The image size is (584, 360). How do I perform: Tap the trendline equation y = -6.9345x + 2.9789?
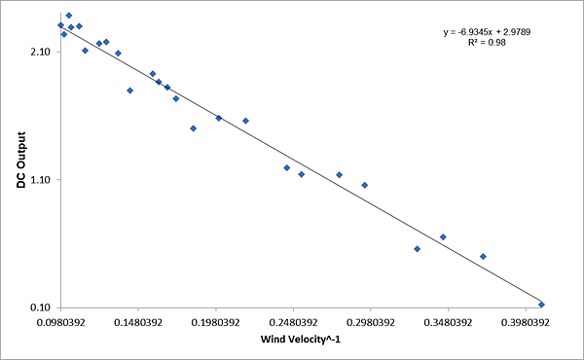pyautogui.click(x=487, y=32)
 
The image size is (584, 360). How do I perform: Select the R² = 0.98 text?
pyautogui.click(x=487, y=44)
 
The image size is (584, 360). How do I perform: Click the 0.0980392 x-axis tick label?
pyautogui.click(x=60, y=321)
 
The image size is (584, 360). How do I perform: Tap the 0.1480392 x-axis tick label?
pyautogui.click(x=137, y=321)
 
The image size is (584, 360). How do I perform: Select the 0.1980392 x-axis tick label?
pyautogui.click(x=215, y=321)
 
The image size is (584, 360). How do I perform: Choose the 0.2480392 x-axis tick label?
pyautogui.click(x=292, y=321)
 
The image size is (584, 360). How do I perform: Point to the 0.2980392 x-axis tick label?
pyautogui.click(x=369, y=321)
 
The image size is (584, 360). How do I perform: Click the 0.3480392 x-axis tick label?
pyautogui.click(x=447, y=321)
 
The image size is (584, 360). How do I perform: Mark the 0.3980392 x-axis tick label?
pyautogui.click(x=524, y=321)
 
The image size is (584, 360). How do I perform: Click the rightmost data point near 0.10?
pyautogui.click(x=541, y=305)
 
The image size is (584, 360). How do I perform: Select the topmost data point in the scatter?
pyautogui.click(x=68, y=16)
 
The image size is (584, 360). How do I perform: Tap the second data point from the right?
pyautogui.click(x=483, y=256)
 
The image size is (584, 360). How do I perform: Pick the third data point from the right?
pyautogui.click(x=443, y=236)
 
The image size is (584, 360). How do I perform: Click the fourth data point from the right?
pyautogui.click(x=417, y=249)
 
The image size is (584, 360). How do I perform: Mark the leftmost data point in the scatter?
pyautogui.click(x=60, y=25)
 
